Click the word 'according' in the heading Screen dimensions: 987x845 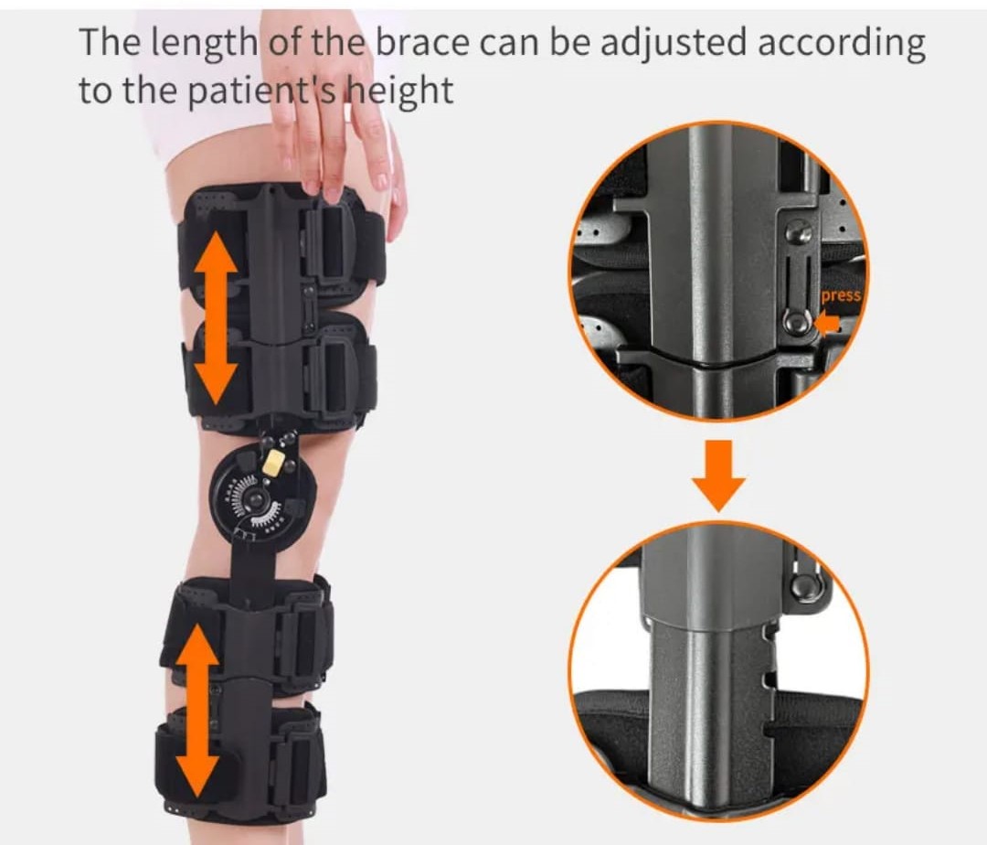[x=842, y=44]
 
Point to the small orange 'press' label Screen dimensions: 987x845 [x=841, y=295]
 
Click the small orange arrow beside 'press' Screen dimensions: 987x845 [x=827, y=324]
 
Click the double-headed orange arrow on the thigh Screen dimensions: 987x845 [x=216, y=317]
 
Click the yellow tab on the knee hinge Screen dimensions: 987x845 [x=272, y=464]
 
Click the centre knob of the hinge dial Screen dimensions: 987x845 [x=256, y=501]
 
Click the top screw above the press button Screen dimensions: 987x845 [x=800, y=234]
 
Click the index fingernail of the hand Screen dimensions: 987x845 [x=311, y=187]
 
